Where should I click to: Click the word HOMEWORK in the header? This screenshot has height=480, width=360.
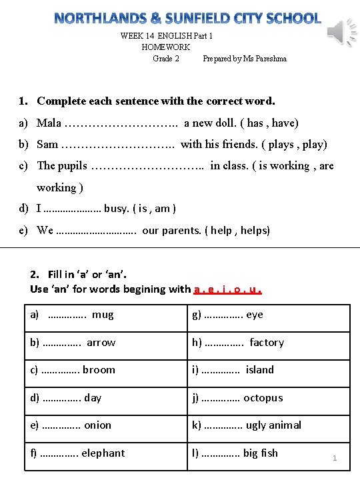[x=166, y=47]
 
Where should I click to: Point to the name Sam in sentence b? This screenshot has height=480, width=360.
[x=47, y=144]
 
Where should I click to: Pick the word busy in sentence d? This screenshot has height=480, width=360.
[x=116, y=209]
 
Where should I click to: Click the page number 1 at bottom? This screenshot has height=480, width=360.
[x=335, y=459]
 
